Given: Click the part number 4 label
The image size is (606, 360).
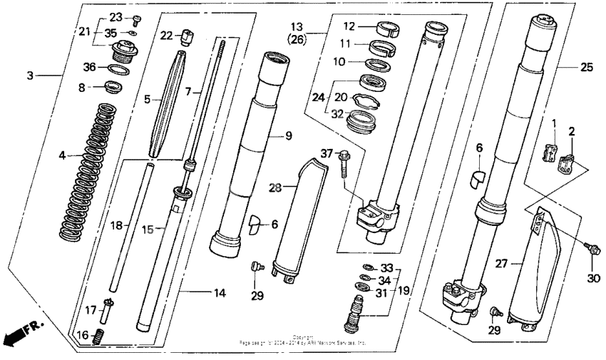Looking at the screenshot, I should click(62, 155).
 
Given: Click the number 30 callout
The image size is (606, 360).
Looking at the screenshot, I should click(593, 278).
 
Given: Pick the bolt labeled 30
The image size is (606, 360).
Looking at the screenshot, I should click(590, 247).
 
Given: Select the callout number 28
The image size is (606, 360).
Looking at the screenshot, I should click(274, 186).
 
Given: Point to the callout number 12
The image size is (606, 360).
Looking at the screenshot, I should click(348, 26).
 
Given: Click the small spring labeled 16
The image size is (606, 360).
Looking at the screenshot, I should click(101, 335).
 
